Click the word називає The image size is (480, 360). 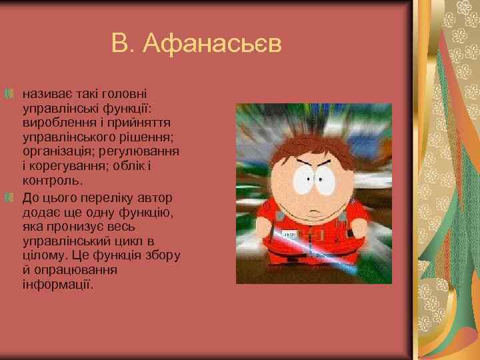pos(45,93)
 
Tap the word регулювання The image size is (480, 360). pos(145,151)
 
